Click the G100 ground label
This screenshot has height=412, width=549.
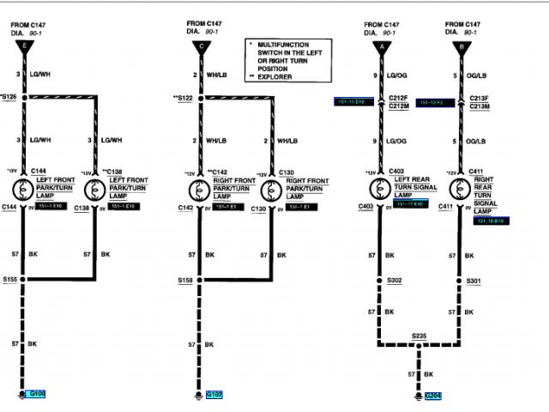point(38,394)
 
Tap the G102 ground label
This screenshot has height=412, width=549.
point(214,394)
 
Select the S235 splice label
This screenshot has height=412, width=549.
point(419,336)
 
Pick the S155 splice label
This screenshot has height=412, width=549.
point(10,280)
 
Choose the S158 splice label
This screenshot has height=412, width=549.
point(185,280)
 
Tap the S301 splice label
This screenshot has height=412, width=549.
point(474,280)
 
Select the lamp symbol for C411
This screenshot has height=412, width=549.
point(460,188)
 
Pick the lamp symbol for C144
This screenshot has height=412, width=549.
point(27,188)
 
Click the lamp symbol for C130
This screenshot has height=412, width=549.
point(272,188)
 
